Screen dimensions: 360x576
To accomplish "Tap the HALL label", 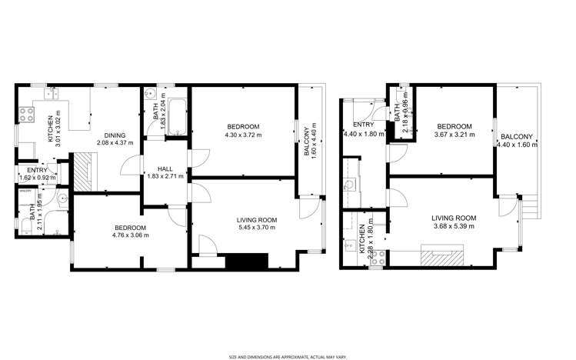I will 165,168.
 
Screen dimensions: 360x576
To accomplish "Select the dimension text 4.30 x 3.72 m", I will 243,135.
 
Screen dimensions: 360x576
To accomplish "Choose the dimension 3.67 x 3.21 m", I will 454,135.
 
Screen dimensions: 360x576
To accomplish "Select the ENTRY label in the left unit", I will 37,170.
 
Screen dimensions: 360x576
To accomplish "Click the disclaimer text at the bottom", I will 288,355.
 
